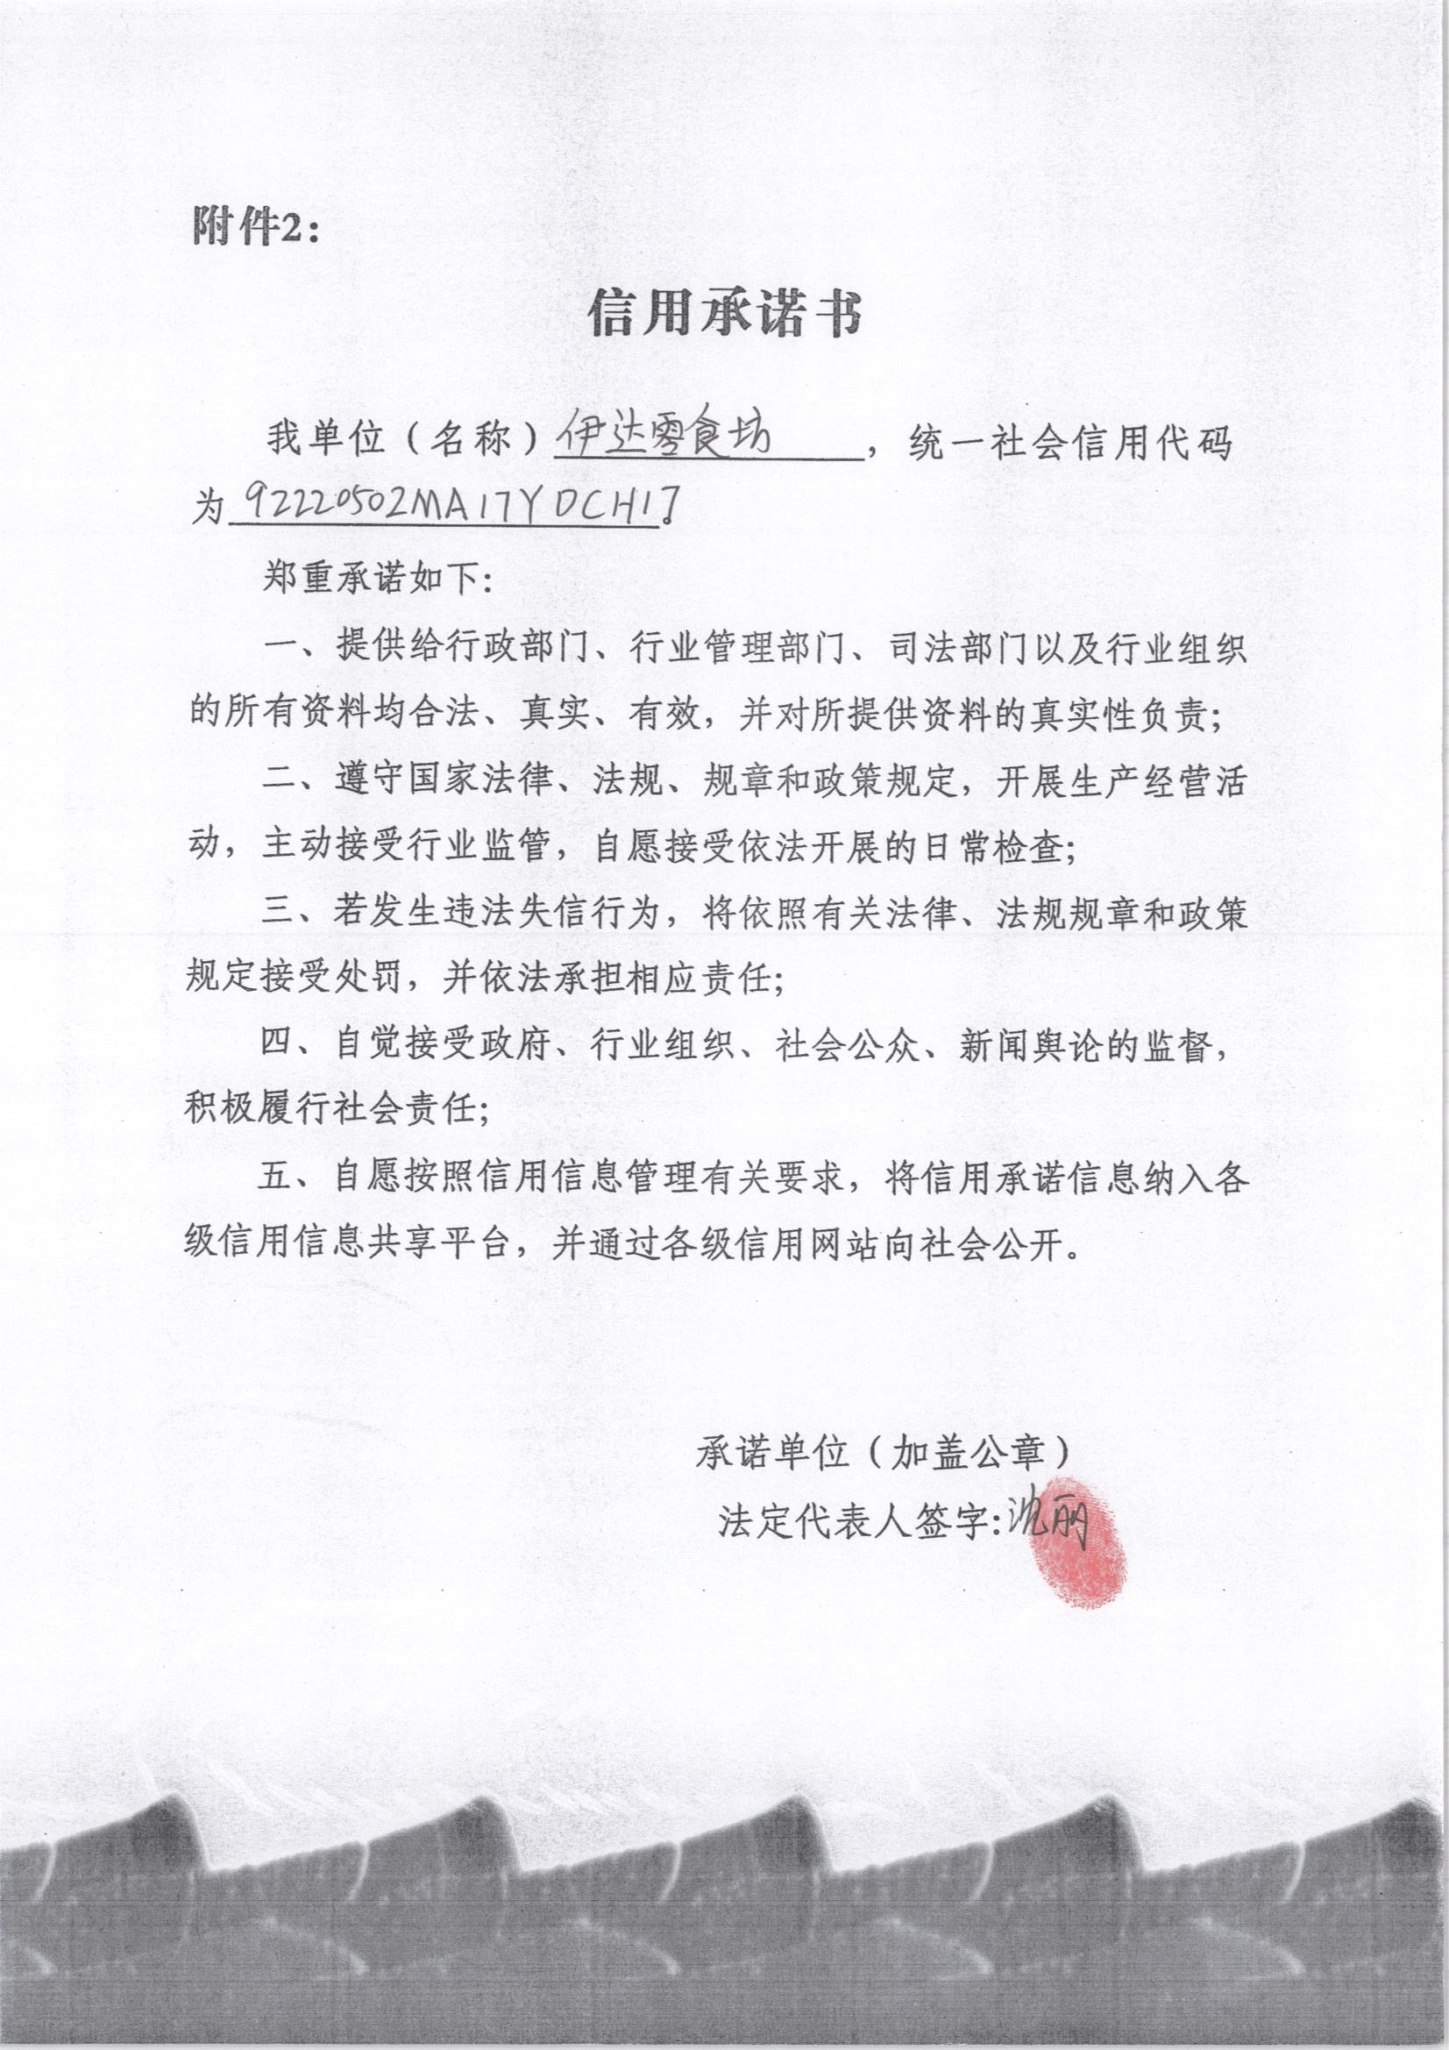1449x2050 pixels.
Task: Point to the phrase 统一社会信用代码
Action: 1069,442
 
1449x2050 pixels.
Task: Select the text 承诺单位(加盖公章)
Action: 882,1454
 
